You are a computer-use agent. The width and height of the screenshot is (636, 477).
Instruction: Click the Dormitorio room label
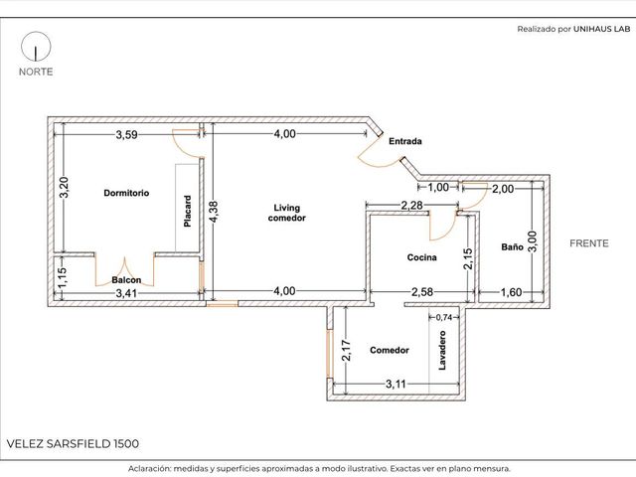point(126,193)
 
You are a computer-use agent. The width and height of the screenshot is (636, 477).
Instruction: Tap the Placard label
point(188,212)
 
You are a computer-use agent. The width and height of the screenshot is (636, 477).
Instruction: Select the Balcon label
point(126,280)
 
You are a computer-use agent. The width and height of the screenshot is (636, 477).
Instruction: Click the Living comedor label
point(287,213)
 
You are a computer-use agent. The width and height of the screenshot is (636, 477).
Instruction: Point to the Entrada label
point(405,141)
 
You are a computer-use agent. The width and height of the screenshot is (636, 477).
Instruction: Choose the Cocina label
point(421,257)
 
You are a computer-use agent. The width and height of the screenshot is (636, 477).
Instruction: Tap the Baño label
point(512,247)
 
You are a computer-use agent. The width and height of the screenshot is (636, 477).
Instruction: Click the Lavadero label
point(442,351)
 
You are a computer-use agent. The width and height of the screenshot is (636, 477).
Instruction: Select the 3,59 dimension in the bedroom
point(127,135)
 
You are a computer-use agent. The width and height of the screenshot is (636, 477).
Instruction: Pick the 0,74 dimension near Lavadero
point(444,317)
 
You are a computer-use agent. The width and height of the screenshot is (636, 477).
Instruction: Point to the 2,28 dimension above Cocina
point(411,206)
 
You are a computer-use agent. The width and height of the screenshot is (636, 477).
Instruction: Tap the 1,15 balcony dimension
point(62,278)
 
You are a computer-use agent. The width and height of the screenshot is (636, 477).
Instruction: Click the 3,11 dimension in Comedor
point(396,384)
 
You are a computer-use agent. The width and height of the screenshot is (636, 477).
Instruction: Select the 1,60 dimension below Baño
point(511,292)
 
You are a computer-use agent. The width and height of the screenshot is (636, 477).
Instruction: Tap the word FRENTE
point(589,243)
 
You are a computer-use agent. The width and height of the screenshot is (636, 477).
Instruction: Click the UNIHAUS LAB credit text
point(602,29)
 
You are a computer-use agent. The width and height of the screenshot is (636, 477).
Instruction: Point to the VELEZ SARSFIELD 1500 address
point(73,444)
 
